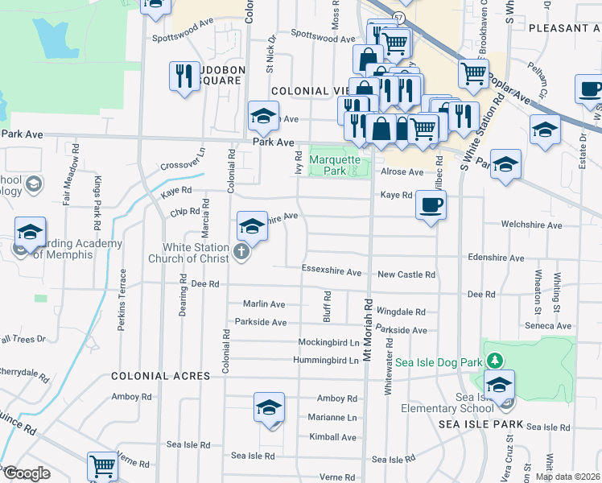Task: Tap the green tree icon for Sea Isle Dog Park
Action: coord(497,359)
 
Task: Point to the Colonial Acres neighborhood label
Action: coord(160,376)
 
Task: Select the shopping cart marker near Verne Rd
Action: coord(102,465)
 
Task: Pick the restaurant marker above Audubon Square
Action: coord(184,76)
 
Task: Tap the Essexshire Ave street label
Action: coord(332,269)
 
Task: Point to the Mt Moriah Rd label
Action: coord(369,330)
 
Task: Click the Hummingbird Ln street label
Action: coord(327,361)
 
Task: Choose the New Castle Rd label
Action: coord(406,275)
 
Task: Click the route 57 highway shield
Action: coord(399,17)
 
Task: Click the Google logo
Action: coord(27,473)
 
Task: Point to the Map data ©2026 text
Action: coord(567,477)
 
